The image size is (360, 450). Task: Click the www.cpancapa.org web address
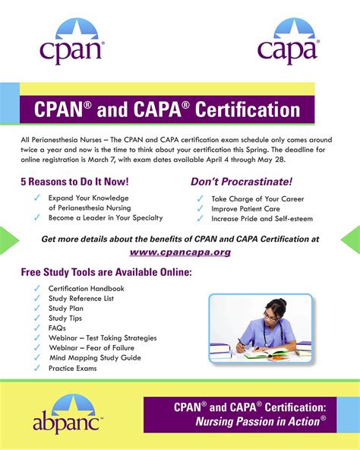[x=180, y=252]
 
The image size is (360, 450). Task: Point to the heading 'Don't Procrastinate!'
[x=241, y=182]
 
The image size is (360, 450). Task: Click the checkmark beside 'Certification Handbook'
[x=37, y=289]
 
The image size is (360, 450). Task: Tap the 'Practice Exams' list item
[x=73, y=368]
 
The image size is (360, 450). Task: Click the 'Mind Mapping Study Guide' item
[x=95, y=358]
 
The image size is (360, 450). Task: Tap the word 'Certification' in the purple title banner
[x=248, y=109]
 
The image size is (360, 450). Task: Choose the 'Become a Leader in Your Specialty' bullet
[x=106, y=217]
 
